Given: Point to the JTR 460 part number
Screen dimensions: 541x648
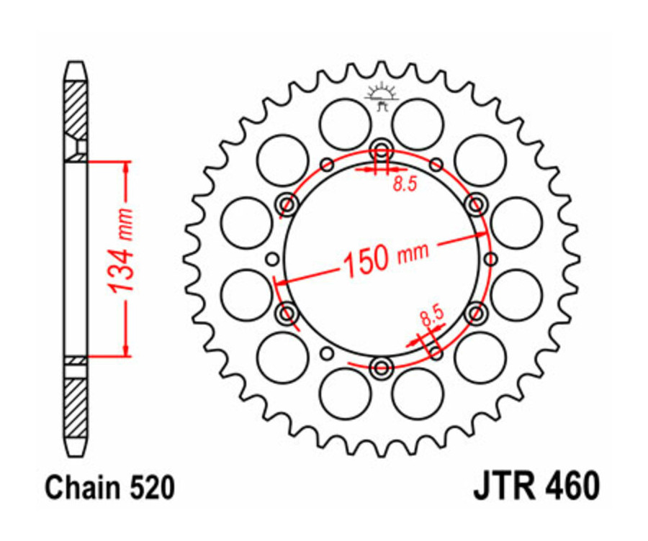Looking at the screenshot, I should [536, 487].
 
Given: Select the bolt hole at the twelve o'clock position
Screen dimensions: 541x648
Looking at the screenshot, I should [381, 151].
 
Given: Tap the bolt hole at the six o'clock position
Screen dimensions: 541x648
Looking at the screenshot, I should [381, 368].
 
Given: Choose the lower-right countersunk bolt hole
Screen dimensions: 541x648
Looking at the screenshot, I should [475, 314].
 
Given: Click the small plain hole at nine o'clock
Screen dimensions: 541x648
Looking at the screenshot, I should [272, 259].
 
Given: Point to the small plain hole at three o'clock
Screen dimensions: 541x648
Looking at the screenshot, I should [490, 259].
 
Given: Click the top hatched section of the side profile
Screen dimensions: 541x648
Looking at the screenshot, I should [76, 108].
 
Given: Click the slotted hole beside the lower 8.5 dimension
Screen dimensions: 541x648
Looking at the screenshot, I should [436, 350].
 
